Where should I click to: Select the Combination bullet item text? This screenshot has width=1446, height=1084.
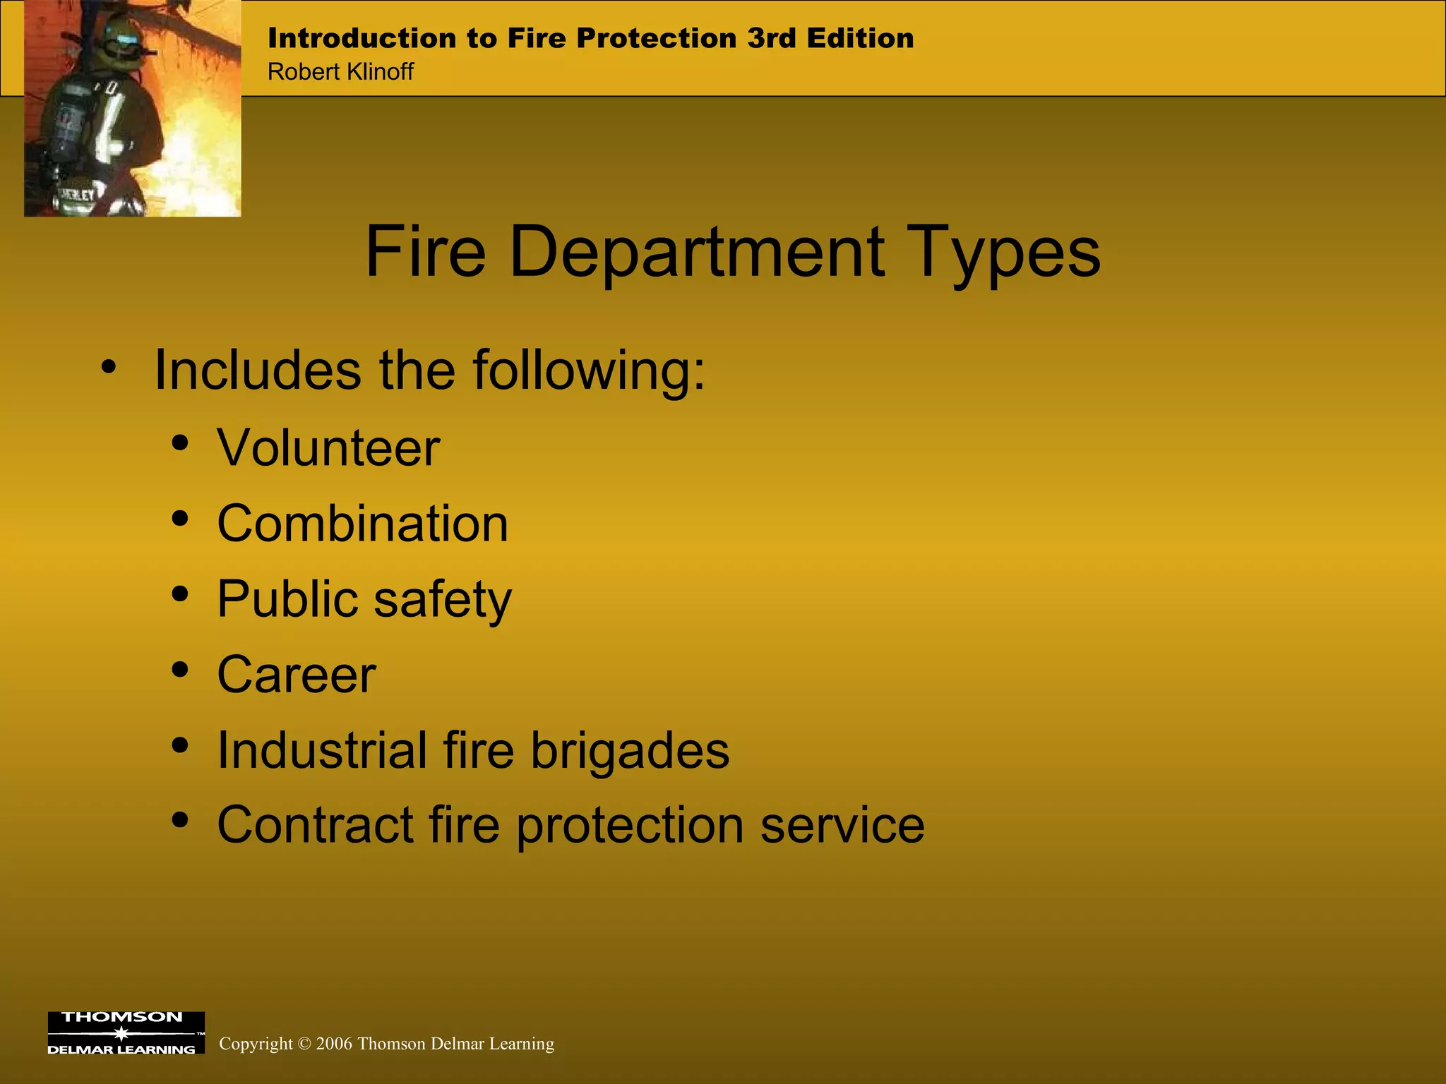pos(362,524)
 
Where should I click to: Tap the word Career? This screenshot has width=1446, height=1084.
pos(297,675)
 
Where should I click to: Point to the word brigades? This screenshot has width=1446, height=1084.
pos(630,750)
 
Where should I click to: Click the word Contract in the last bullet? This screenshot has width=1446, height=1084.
pos(315,825)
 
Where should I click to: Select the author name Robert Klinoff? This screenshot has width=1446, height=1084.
pos(340,72)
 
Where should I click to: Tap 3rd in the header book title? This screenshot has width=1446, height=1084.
pos(772,38)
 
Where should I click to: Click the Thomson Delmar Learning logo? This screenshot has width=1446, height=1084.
pos(126,1032)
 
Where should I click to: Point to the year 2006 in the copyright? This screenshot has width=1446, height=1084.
pos(334,1044)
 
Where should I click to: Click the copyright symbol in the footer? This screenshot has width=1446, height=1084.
pos(304,1044)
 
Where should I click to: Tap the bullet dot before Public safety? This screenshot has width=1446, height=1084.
pos(181,594)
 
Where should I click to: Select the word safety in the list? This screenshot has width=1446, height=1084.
pos(442,600)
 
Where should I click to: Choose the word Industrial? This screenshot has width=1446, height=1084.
pos(321,750)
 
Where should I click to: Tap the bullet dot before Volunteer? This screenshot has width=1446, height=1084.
pos(181,442)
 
